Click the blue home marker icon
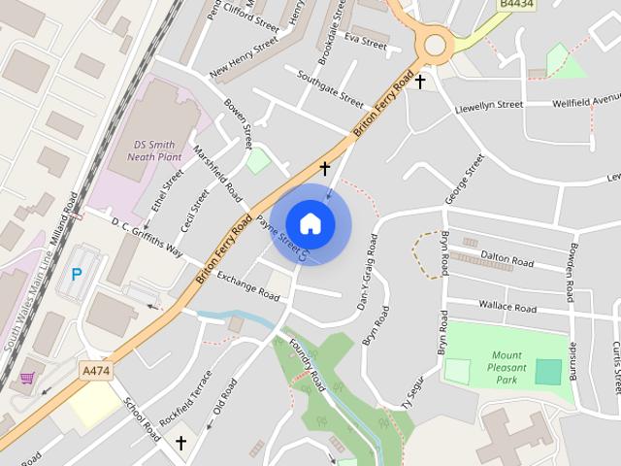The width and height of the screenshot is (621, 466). point(310,222)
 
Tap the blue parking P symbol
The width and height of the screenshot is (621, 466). point(77,276)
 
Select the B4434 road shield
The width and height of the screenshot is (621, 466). point(517,5)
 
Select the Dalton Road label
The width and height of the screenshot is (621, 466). point(507,261)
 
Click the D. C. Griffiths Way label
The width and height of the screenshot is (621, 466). point(147,236)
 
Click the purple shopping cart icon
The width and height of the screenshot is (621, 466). point(28,377)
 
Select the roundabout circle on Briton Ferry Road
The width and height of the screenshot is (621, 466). point(434,45)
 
